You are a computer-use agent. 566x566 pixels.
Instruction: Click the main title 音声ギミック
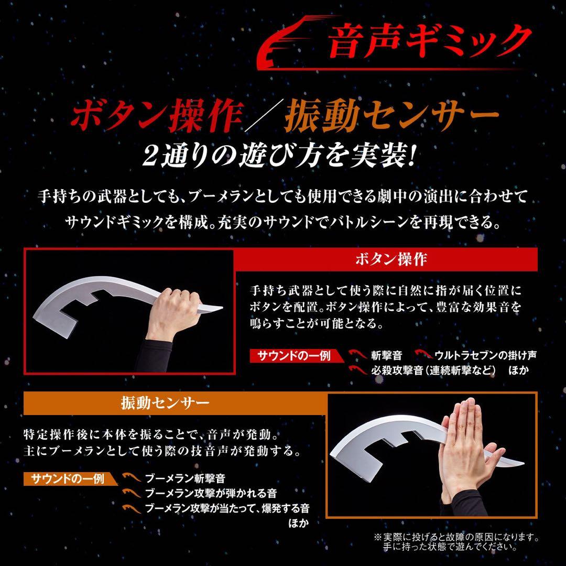(x=427, y=41)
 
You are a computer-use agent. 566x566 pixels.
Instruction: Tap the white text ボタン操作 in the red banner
(x=391, y=260)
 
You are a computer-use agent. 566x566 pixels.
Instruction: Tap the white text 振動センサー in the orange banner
(x=166, y=403)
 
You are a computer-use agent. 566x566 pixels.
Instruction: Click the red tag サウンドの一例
(x=293, y=356)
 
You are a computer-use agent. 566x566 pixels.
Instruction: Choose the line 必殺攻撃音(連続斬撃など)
(x=433, y=371)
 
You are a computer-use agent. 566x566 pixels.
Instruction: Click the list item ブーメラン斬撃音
(x=185, y=478)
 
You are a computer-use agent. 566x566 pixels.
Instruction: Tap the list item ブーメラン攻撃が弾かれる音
(x=211, y=493)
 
